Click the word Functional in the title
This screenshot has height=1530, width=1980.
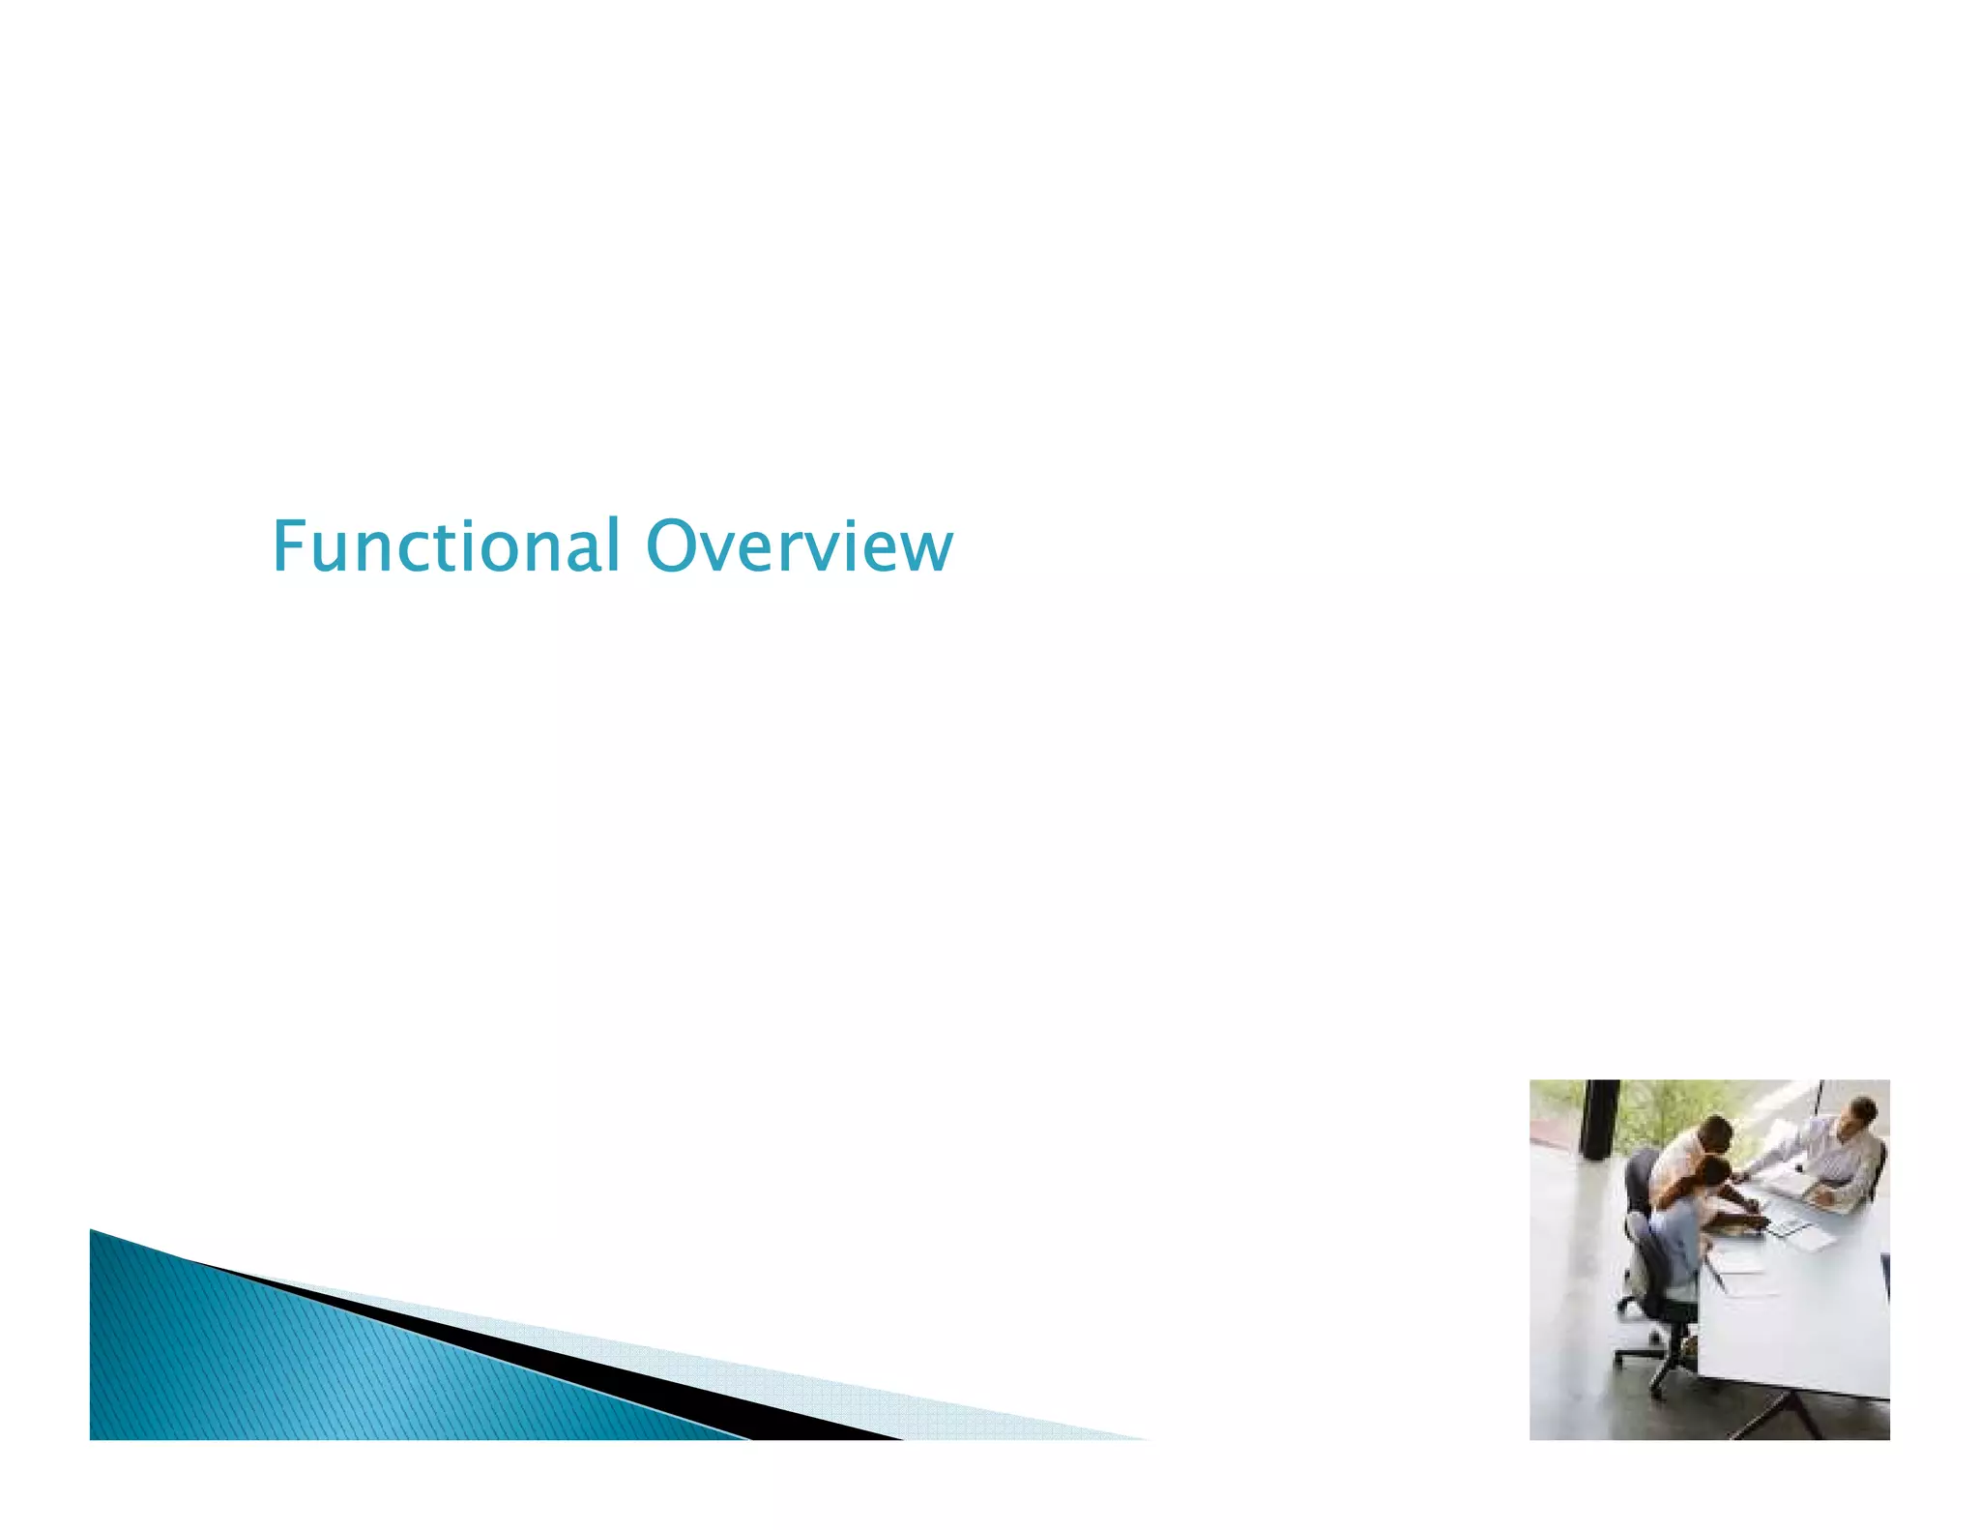click(445, 546)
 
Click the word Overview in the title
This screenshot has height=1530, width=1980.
click(799, 546)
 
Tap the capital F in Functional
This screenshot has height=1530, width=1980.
click(288, 546)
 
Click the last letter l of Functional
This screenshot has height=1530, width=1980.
click(612, 544)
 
